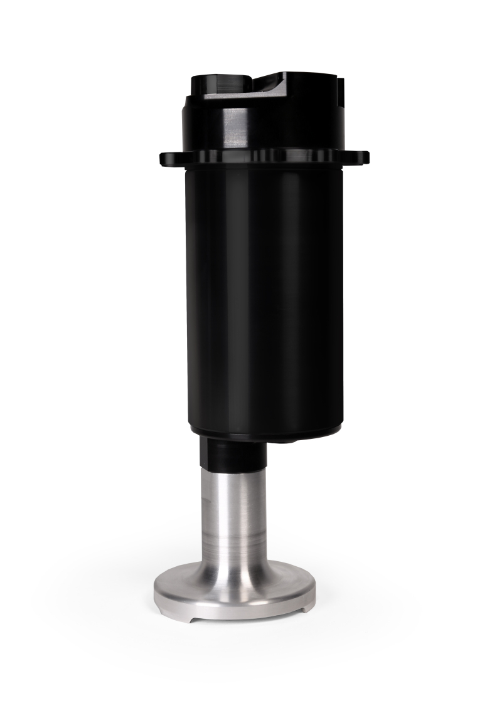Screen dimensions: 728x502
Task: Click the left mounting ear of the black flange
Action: (168, 158)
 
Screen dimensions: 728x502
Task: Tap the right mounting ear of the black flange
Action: (361, 157)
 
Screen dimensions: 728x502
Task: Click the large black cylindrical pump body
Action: (264, 295)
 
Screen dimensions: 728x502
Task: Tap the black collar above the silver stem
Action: (232, 453)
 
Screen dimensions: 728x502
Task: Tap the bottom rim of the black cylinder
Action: (264, 433)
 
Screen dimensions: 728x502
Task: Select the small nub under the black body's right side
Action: (289, 440)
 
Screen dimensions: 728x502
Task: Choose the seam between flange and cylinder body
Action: (264, 167)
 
